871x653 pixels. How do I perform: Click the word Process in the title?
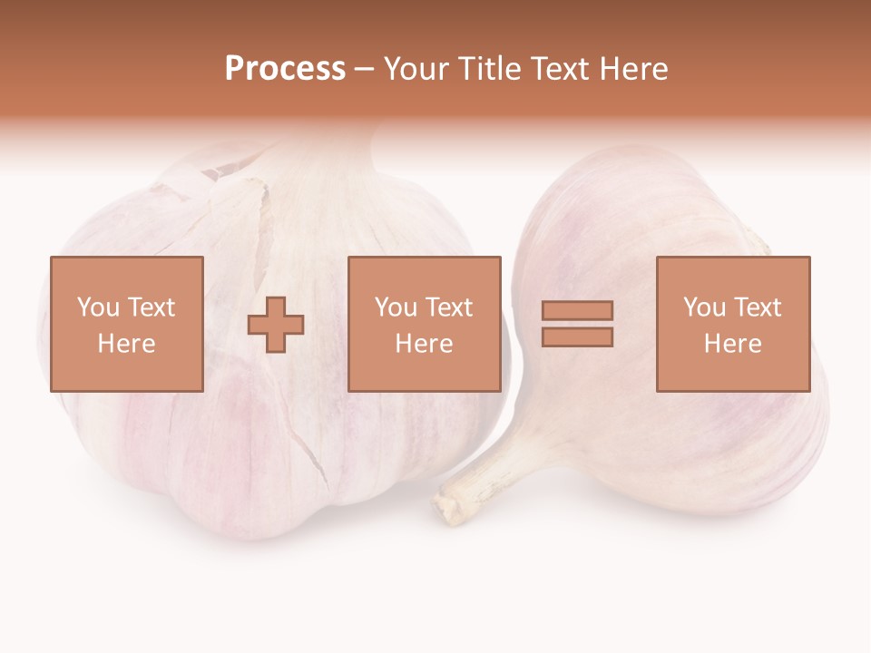point(285,69)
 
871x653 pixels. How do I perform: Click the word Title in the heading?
point(489,69)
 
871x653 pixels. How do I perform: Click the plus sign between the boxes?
point(276,325)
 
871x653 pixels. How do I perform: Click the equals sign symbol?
point(577,324)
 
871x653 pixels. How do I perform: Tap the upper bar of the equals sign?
point(577,311)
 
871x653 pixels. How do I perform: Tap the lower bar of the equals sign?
point(577,337)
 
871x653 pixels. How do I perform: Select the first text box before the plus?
point(126,324)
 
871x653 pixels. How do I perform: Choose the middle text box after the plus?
point(424,324)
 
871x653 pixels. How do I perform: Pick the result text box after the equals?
point(732,324)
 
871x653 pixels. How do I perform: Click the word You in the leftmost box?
point(98,307)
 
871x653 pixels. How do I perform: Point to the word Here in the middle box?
point(424,343)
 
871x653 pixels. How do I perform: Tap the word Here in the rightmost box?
point(732,343)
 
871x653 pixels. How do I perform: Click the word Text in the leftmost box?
point(151,307)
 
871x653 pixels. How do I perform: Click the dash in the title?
point(364,69)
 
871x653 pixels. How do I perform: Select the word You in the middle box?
point(396,307)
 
